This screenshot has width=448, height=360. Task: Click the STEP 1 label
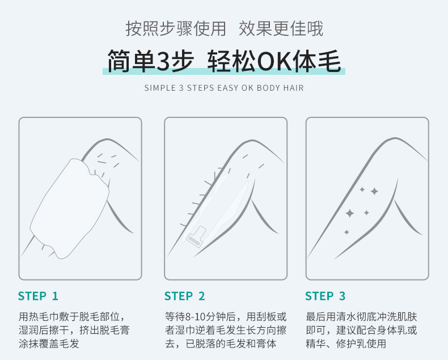coord(38,296)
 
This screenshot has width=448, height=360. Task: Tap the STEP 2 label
coord(184,296)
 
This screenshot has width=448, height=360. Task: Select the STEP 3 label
coord(325,296)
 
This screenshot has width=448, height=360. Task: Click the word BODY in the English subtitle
coord(269,88)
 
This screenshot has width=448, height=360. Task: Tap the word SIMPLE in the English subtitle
coord(160,88)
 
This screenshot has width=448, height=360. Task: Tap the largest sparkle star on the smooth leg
coord(350,213)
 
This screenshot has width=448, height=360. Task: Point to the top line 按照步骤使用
coord(175,28)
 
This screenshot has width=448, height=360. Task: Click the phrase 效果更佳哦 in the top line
coord(281,28)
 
